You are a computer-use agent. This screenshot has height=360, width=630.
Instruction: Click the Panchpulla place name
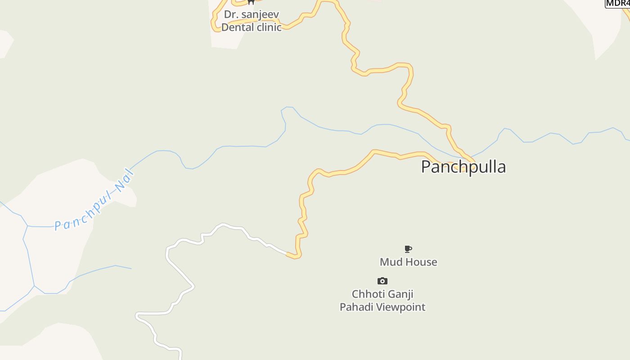point(463,167)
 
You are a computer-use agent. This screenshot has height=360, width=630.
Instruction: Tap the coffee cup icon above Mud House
point(408,249)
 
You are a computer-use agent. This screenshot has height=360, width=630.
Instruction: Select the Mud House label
point(408,262)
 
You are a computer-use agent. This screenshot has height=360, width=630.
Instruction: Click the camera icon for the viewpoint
point(382,281)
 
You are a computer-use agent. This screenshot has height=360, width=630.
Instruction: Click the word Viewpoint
point(404,307)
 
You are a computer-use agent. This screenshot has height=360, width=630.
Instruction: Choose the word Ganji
point(400,294)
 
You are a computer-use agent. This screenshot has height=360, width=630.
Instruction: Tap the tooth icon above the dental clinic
point(251,2)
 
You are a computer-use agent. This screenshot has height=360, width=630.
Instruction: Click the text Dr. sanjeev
point(252,14)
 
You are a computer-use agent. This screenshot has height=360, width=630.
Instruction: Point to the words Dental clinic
point(251,27)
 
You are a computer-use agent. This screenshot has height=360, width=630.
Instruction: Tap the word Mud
point(390,262)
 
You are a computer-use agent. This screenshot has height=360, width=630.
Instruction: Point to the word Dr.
point(230,14)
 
